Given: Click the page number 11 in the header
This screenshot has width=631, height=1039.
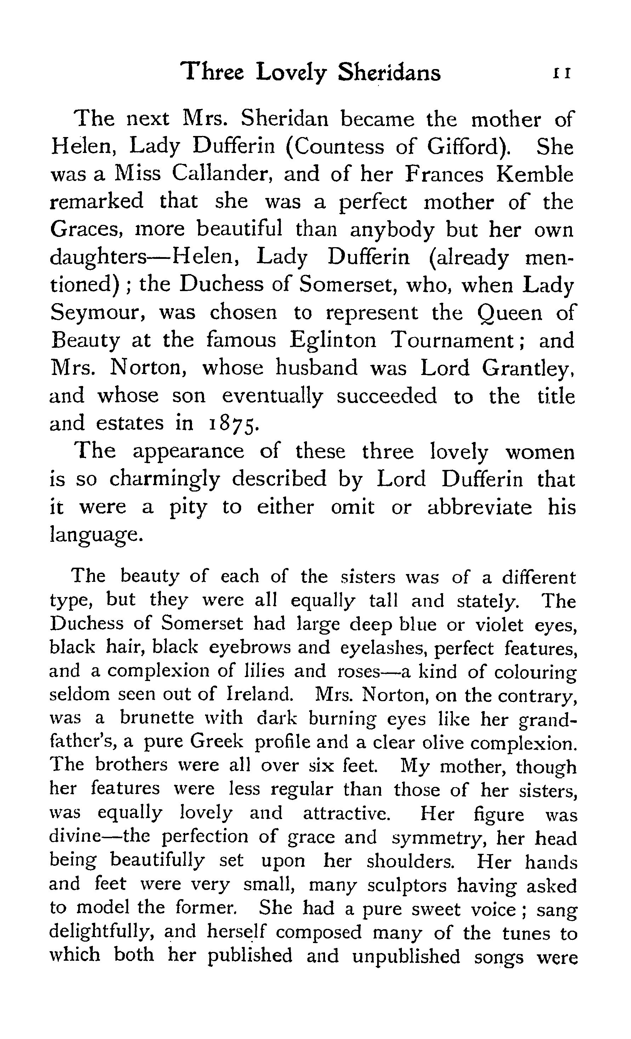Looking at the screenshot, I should pyautogui.click(x=562, y=74).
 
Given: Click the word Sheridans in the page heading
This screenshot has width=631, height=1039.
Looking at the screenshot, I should pyautogui.click(x=389, y=73).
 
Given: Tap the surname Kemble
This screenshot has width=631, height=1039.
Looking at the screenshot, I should pyautogui.click(x=534, y=174).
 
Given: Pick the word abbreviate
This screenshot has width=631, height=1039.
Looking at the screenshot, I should pyautogui.click(x=480, y=507).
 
